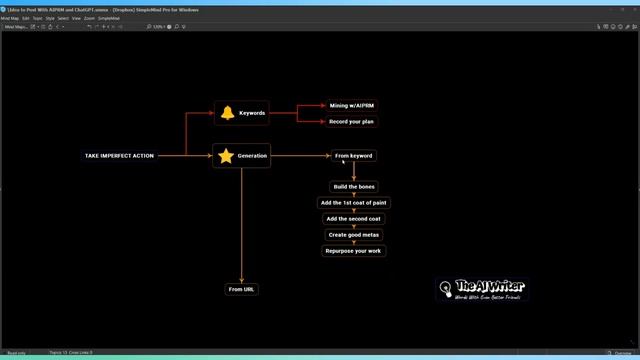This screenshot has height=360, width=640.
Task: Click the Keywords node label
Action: click(x=252, y=113)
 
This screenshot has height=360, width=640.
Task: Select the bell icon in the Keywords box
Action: click(x=227, y=113)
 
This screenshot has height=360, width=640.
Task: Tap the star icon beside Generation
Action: click(x=226, y=156)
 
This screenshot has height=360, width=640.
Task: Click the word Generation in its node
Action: click(x=252, y=156)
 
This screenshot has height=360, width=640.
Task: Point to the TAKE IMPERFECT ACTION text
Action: click(x=119, y=156)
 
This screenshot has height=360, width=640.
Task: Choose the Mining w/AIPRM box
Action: click(x=353, y=105)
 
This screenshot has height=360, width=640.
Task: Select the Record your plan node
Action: click(x=353, y=122)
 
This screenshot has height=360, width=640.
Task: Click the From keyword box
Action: click(x=354, y=156)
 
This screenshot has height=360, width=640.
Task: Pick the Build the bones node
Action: click(x=354, y=187)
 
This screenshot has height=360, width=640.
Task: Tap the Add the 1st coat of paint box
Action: click(x=354, y=203)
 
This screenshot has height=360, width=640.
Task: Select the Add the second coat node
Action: click(x=354, y=219)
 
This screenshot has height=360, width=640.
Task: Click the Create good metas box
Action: click(x=354, y=235)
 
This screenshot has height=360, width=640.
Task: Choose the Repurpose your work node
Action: click(x=354, y=251)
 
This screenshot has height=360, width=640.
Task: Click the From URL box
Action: click(x=242, y=289)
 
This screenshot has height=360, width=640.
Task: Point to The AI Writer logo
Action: click(x=482, y=289)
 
